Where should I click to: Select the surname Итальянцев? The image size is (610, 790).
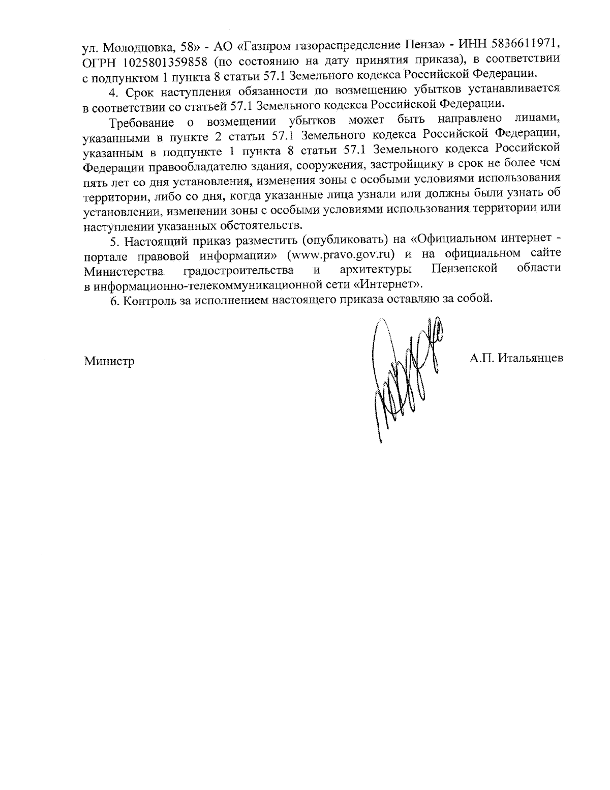(530, 358)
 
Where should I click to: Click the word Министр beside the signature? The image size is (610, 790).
(109, 362)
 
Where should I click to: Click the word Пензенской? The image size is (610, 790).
(464, 268)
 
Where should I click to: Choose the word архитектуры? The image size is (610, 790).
(375, 269)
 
